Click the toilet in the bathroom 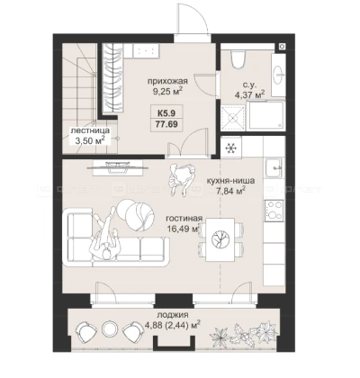(x=238, y=59)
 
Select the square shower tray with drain (x=233, y=118)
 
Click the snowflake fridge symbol (x=230, y=148)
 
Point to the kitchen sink (x=274, y=168)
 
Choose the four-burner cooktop (x=274, y=210)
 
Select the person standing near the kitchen (x=181, y=178)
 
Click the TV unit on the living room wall (x=117, y=167)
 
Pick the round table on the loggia (x=109, y=328)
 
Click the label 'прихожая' (x=167, y=81)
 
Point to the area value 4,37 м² (x=249, y=94)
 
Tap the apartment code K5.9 (x=166, y=113)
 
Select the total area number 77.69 (x=166, y=124)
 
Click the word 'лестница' (x=90, y=131)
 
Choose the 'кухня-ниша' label (x=230, y=181)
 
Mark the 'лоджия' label (x=173, y=315)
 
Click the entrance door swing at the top (x=192, y=19)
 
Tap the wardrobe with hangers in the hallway (x=113, y=78)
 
